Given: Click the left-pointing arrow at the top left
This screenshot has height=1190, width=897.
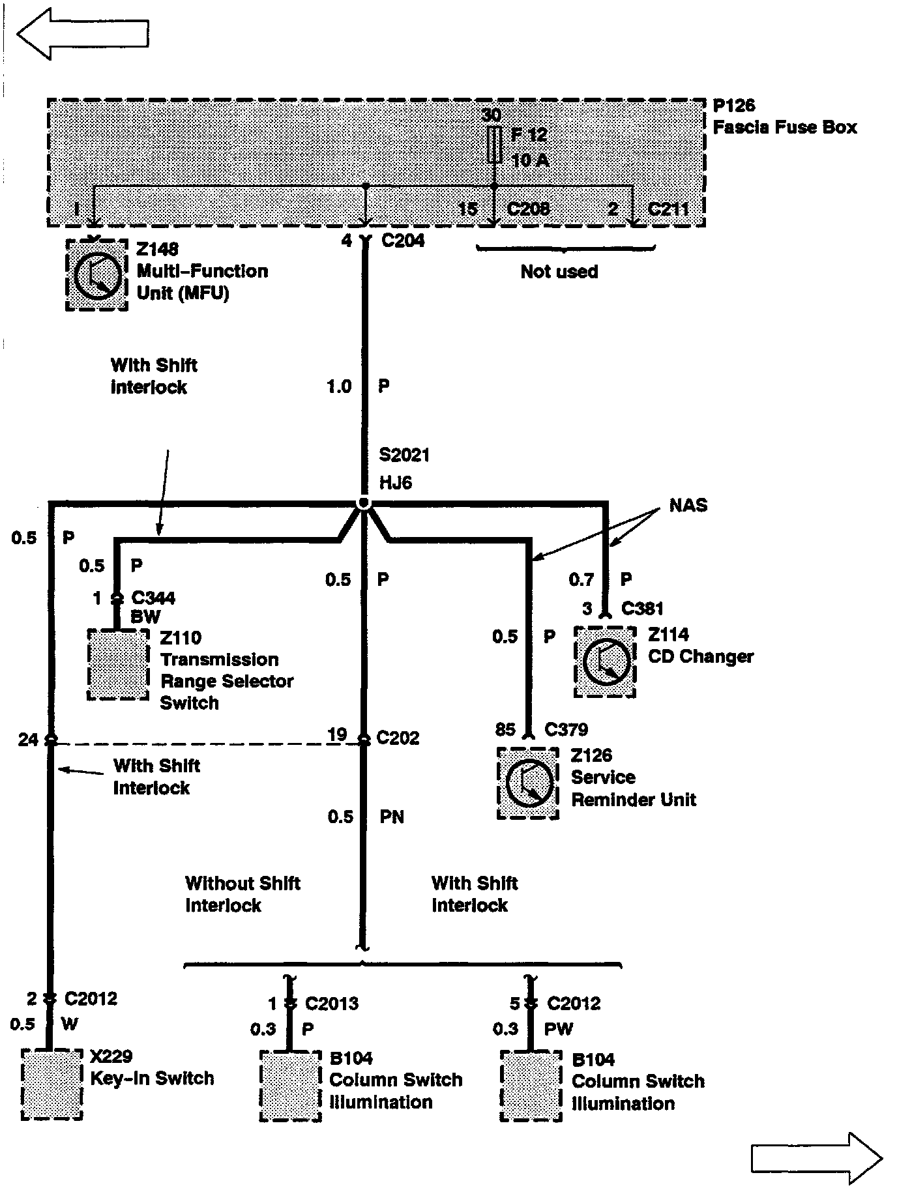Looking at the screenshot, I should click(x=82, y=33).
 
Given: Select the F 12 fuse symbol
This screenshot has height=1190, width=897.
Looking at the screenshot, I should click(x=494, y=145).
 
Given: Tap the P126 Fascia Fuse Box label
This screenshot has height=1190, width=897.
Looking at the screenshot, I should click(x=784, y=117).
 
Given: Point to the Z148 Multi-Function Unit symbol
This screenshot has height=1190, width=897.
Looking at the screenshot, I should click(x=97, y=276).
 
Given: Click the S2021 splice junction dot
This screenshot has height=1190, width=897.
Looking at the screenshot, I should click(x=364, y=503).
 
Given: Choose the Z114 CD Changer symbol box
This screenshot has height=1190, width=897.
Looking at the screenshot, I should click(x=605, y=662).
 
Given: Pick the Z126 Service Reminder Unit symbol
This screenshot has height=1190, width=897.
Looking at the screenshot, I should click(x=528, y=783).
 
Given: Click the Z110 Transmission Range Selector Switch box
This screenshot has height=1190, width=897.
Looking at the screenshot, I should click(x=118, y=664).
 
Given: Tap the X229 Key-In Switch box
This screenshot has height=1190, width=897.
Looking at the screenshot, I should click(x=52, y=1084).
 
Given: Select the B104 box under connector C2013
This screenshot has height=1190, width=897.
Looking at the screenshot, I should click(x=291, y=1086).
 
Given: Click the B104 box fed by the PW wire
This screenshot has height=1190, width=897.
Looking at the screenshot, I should click(x=531, y=1086).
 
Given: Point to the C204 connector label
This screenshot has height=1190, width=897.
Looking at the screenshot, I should click(x=403, y=240).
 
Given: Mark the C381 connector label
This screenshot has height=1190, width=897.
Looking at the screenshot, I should click(x=642, y=608).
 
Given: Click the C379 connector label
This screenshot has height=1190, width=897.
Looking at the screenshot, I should click(x=566, y=729).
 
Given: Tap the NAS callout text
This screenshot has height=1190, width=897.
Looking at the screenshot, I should click(x=688, y=505).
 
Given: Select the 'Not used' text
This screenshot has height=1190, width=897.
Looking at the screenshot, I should click(x=559, y=271).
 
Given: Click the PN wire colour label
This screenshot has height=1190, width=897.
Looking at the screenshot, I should click(x=392, y=817).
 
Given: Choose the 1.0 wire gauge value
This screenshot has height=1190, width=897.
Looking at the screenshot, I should click(x=339, y=386).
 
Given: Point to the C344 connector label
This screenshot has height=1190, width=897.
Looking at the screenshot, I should click(x=153, y=598).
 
